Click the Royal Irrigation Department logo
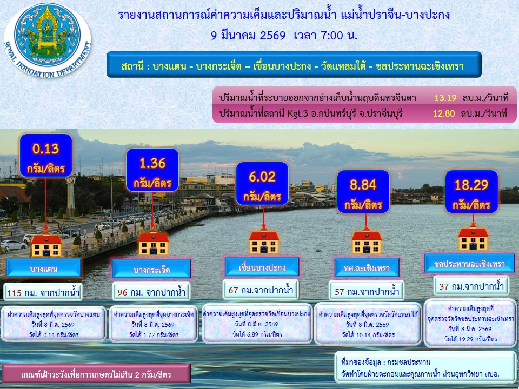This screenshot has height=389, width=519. (x=48, y=40)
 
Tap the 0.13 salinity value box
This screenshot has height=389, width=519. (x=45, y=156)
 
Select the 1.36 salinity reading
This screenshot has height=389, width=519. (x=152, y=170)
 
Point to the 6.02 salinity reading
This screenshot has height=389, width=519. (x=262, y=184)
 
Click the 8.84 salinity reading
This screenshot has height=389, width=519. (x=363, y=191)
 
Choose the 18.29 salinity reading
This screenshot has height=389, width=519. (x=471, y=191)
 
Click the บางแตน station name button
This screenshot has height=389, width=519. (x=44, y=268)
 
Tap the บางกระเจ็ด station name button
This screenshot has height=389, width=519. (x=151, y=269)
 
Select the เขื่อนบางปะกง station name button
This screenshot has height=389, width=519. (x=262, y=266)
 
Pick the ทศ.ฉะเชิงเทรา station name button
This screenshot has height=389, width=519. (x=367, y=267)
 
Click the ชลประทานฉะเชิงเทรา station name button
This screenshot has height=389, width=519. (x=469, y=263)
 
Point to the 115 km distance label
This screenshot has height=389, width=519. (x=43, y=292)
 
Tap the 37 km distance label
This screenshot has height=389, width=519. (x=471, y=286)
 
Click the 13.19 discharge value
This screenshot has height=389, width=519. (x=445, y=98)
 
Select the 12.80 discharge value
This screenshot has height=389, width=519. (x=443, y=113)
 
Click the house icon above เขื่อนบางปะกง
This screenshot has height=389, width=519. (x=264, y=240)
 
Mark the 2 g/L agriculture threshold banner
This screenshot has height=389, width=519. (x=96, y=374)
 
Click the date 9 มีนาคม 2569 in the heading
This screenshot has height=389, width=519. (x=248, y=35)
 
